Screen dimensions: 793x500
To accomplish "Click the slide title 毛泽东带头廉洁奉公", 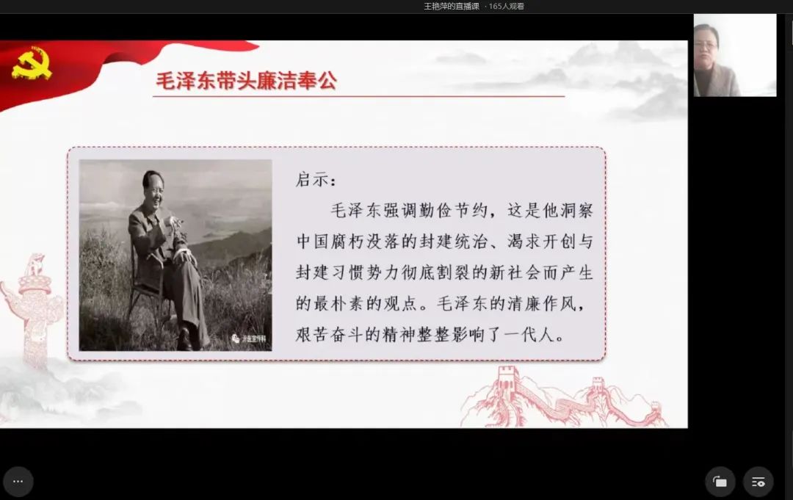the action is tap(246, 81).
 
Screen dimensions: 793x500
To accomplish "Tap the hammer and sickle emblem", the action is tap(32, 63).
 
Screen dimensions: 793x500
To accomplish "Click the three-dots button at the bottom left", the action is tap(18, 482).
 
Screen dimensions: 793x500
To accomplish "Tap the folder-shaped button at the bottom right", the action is tap(720, 482).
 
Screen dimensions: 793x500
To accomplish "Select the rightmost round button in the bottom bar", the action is tap(758, 482).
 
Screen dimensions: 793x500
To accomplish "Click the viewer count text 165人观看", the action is tap(506, 7).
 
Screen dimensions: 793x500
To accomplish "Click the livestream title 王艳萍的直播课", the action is tap(451, 7).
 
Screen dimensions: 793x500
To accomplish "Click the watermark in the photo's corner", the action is tap(249, 338).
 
